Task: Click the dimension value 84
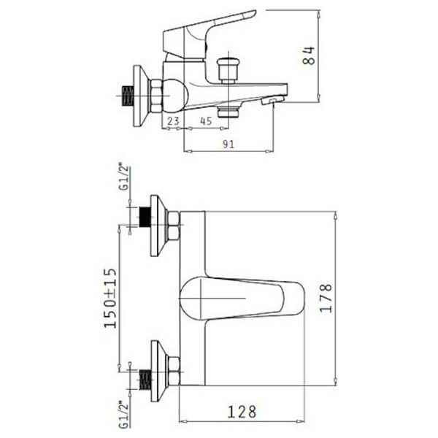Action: coord(309,56)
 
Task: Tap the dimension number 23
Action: coord(173,121)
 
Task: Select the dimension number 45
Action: coord(206,121)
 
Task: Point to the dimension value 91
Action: coord(228,144)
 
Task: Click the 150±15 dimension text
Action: coord(110,298)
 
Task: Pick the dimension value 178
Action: coord(326,298)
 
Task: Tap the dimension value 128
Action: coord(242,412)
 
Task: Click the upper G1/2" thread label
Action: coord(125,177)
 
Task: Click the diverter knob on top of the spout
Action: coord(228,70)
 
